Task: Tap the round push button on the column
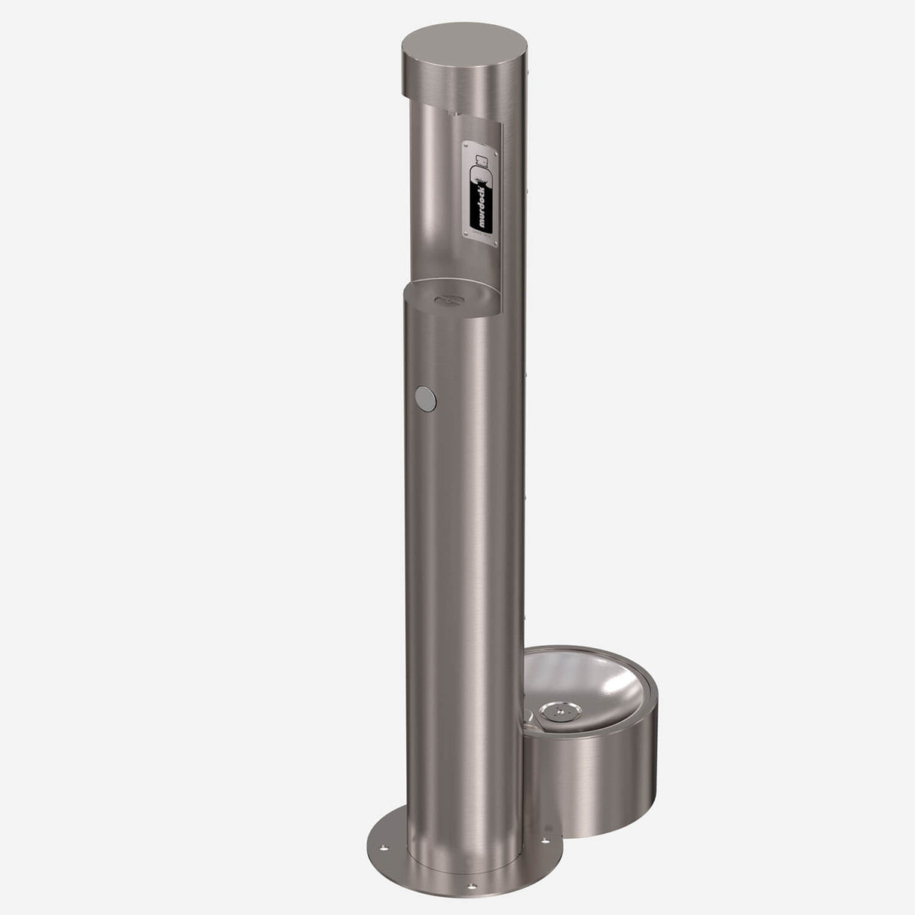425,396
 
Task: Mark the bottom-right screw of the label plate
495,243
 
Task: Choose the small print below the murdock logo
481,235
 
